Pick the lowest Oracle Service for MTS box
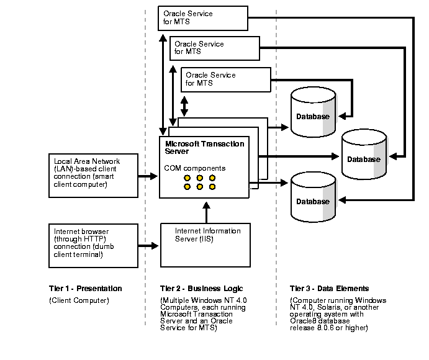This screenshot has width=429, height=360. [x=226, y=79]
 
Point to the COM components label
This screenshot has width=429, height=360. [x=194, y=168]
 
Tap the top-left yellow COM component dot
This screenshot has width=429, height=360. [x=187, y=178]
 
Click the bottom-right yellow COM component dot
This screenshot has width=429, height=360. [x=212, y=187]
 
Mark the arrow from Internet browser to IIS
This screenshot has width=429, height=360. [x=148, y=246]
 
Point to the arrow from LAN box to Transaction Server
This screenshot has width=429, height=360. [x=148, y=176]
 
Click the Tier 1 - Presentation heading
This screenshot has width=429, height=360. [x=85, y=289]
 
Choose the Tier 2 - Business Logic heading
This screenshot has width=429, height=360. [x=202, y=289]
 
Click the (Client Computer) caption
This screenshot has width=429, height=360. [x=79, y=300]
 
